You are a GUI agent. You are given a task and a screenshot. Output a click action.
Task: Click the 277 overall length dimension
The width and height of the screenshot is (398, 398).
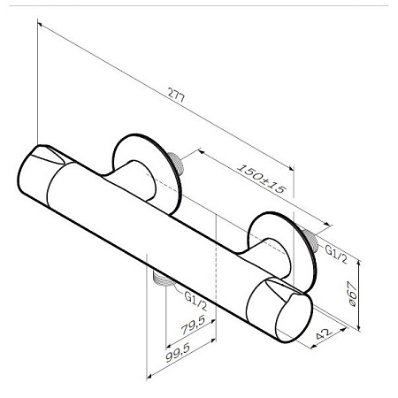pos(176,95)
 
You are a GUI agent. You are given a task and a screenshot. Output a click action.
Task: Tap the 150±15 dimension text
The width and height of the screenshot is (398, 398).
pos(262,179)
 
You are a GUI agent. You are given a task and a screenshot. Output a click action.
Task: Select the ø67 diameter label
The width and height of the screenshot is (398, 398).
pos(352,294)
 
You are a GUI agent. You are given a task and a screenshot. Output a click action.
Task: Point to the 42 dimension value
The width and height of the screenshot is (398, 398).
pos(324,333)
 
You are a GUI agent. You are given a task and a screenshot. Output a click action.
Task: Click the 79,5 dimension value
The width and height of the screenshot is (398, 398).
pos(193,325)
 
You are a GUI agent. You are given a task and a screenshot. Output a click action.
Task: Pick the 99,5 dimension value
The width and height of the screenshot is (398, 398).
pos(178,352)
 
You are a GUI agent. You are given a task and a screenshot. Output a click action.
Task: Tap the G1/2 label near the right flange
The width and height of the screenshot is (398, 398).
pos(336,254)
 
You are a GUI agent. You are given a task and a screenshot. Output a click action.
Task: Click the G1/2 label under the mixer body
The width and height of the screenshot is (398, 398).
pos(195,301)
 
